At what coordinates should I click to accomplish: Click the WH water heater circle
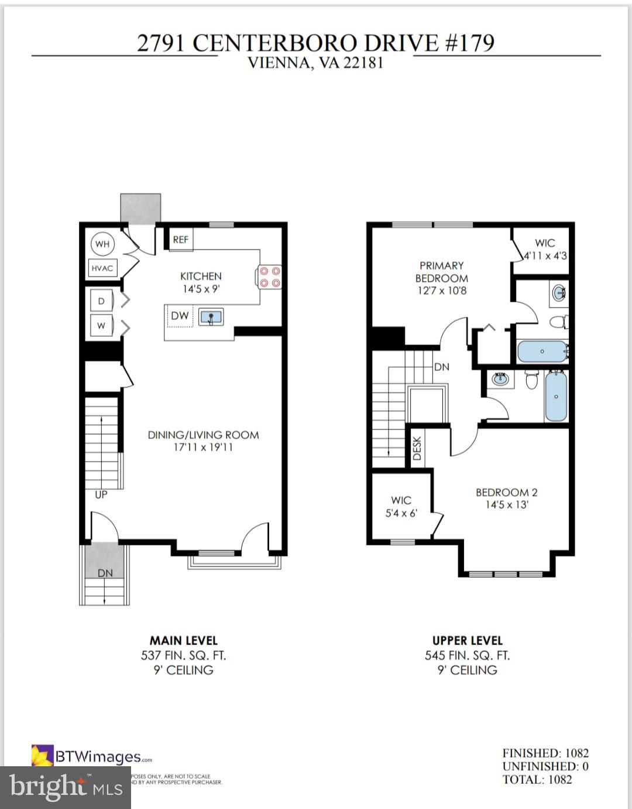102,244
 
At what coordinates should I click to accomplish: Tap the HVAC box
102,268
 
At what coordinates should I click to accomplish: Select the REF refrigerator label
181,240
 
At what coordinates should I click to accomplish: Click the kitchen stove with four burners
270,277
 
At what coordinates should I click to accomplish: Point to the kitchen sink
211,318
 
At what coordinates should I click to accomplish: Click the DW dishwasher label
180,316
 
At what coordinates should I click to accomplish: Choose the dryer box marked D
102,301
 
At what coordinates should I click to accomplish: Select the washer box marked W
102,326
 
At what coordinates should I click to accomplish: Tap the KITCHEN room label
201,276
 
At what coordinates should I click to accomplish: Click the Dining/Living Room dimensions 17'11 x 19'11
200,448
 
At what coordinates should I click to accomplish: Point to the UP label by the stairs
101,494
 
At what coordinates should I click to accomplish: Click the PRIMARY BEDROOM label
442,272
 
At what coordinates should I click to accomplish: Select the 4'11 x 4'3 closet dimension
545,256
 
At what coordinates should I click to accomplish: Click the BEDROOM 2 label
506,493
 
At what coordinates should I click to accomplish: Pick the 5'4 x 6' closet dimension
401,513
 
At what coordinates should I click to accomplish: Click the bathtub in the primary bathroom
542,352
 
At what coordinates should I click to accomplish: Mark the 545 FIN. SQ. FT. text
467,656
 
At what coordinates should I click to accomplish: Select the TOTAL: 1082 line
537,780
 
